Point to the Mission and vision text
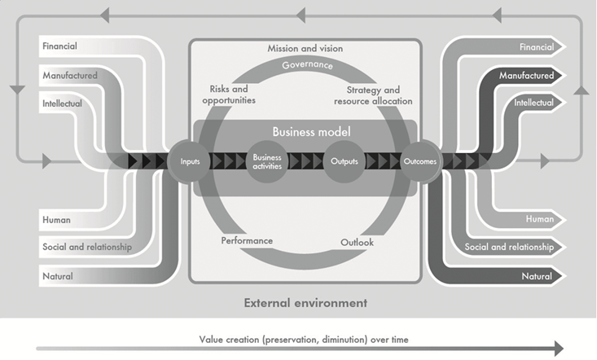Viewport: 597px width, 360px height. coord(305,49)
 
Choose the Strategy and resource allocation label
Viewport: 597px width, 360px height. coord(373,95)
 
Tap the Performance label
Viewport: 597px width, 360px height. coord(247,241)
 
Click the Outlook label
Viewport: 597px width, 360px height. coord(355,242)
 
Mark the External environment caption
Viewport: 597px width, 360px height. coord(305,303)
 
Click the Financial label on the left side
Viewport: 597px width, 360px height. coord(59,46)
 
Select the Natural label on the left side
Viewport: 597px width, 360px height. coord(57,276)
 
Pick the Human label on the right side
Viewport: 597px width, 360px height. coord(539,218)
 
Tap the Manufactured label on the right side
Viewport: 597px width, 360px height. coord(527,76)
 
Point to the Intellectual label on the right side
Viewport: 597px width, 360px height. coord(533,103)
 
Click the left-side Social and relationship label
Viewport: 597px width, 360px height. coord(87,247)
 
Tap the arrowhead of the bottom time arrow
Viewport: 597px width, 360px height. coord(557,349)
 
